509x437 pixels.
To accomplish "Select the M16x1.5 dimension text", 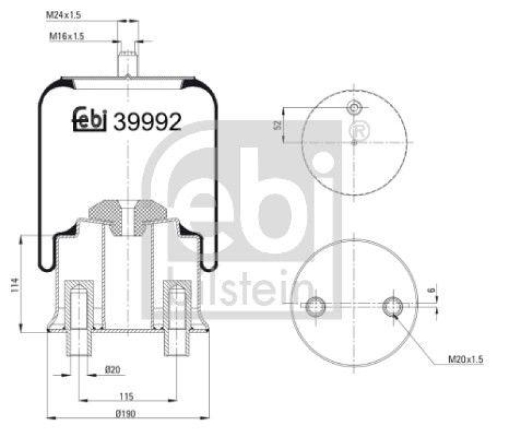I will coord(67,37).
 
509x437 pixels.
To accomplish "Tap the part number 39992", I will coord(147,121).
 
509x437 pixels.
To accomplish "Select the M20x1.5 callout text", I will coord(465,361).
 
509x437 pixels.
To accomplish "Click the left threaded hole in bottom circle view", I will coord(315,307).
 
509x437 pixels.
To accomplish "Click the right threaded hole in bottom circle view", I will coord(393,306).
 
